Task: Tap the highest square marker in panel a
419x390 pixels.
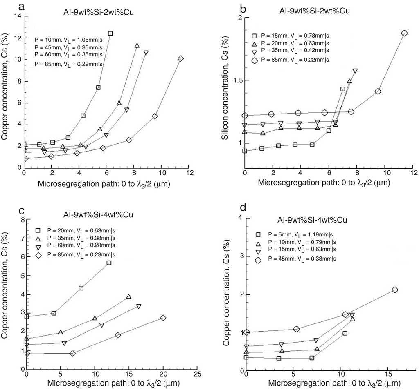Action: coord(110,33)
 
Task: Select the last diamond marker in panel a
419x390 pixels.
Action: coord(181,58)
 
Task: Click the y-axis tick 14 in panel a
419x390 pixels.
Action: coord(18,16)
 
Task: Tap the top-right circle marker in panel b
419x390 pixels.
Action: coord(404,33)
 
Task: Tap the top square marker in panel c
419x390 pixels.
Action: coord(109,263)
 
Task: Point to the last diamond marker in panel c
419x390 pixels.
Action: coord(163,318)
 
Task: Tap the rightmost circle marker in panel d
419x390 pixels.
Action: coord(395,290)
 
